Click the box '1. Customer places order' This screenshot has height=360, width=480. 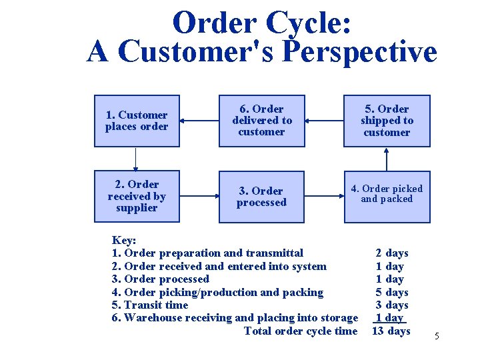click(137, 121)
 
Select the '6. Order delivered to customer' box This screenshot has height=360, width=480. click(262, 121)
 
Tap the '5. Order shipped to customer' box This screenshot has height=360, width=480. click(387, 121)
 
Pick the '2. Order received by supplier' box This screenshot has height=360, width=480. click(137, 196)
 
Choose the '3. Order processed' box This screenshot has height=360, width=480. click(262, 197)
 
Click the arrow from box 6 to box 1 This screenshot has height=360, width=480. click(201, 121)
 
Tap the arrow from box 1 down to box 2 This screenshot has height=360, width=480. click(137, 159)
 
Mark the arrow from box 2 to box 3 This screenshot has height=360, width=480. click(201, 197)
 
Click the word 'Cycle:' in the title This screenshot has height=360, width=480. click(308, 23)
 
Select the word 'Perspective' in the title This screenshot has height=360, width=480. click(360, 52)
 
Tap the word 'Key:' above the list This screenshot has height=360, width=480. click(125, 240)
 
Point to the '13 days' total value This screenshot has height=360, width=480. click(391, 331)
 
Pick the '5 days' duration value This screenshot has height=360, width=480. click(393, 292)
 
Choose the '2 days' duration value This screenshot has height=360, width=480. click(392, 253)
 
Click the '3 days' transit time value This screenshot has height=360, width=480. click(393, 305)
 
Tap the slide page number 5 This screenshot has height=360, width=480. click(437, 336)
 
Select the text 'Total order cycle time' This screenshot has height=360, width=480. click(301, 331)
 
